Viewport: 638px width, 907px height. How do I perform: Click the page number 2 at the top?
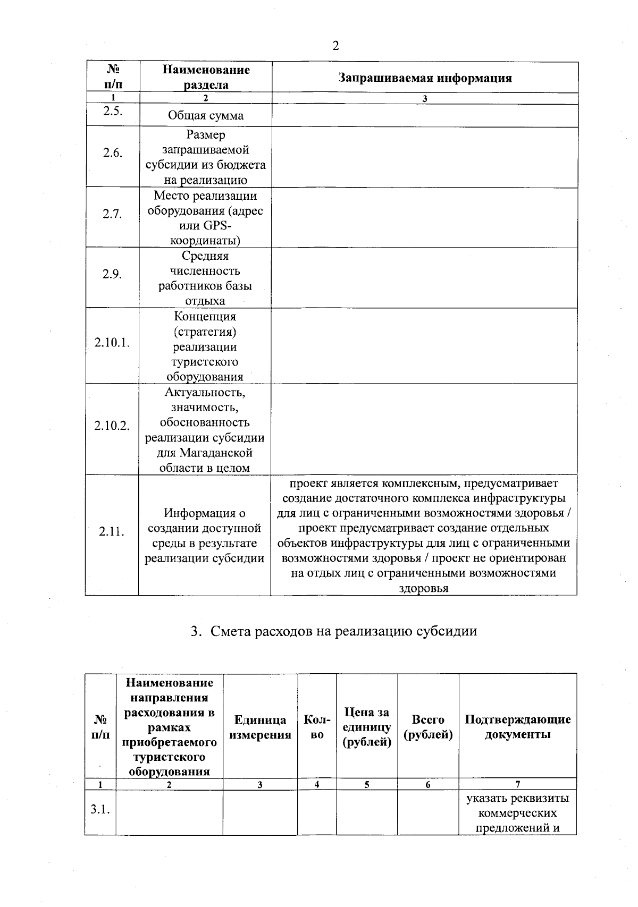click(x=335, y=46)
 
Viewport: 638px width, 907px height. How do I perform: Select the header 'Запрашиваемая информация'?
click(x=425, y=78)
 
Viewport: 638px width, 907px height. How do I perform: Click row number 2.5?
click(x=113, y=111)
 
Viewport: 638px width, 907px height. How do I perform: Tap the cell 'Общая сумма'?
click(x=206, y=116)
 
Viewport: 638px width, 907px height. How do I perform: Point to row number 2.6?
click(x=113, y=153)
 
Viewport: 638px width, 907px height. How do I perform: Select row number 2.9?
click(x=113, y=275)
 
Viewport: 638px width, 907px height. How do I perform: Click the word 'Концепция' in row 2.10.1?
click(x=205, y=317)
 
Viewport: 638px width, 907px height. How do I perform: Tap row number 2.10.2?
click(x=112, y=426)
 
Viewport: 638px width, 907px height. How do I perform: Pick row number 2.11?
click(x=112, y=531)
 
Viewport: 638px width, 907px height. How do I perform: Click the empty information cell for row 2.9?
click(x=424, y=278)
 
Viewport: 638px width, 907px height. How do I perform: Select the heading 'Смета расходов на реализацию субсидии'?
click(x=334, y=631)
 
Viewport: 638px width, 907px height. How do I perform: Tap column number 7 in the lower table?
click(x=517, y=784)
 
